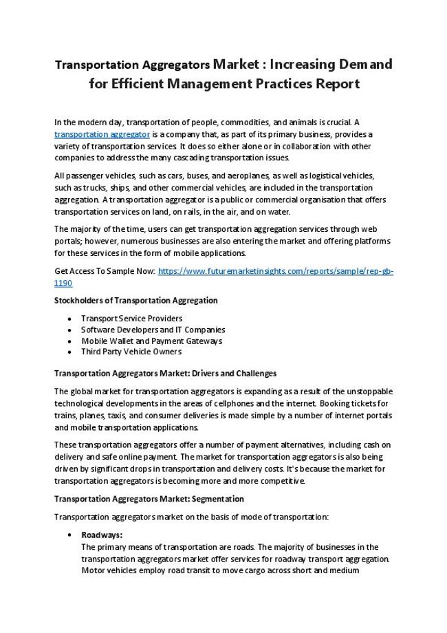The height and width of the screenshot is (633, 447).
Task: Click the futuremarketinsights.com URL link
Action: (275, 271)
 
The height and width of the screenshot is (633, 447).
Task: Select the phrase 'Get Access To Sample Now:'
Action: (105, 271)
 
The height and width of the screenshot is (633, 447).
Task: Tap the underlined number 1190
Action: (63, 283)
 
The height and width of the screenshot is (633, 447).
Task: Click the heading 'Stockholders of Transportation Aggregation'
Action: (135, 301)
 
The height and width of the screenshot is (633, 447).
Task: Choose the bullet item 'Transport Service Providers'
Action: (131, 319)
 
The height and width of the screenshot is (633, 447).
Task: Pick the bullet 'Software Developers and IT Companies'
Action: (153, 330)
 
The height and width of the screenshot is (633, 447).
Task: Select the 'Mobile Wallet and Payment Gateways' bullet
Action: (151, 341)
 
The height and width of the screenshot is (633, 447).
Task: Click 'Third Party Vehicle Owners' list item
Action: (131, 352)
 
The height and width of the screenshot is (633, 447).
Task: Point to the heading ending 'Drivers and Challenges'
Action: (165, 374)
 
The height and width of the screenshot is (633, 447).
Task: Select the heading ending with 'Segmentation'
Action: (149, 498)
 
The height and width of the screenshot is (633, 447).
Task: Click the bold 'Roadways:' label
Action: (102, 535)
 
